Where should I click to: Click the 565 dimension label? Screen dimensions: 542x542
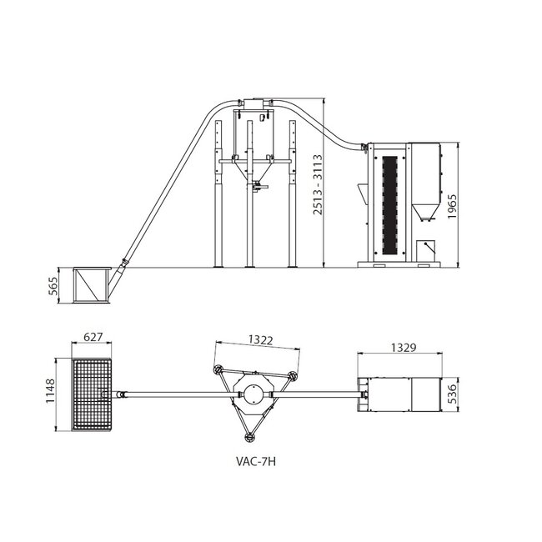pyautogui.click(x=53, y=285)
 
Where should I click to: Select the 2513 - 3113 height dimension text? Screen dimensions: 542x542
pyautogui.click(x=318, y=184)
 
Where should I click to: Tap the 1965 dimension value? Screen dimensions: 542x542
pyautogui.click(x=452, y=206)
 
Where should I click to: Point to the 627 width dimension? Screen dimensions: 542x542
pyautogui.click(x=93, y=336)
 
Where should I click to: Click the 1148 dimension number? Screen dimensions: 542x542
pyautogui.click(x=51, y=390)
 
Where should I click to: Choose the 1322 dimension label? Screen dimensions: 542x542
pyautogui.click(x=261, y=340)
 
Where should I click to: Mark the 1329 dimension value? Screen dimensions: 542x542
pyautogui.click(x=404, y=348)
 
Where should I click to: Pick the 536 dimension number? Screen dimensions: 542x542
pyautogui.click(x=452, y=394)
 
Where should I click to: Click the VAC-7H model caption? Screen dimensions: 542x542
pyautogui.click(x=256, y=462)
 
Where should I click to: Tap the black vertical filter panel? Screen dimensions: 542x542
pyautogui.click(x=389, y=205)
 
